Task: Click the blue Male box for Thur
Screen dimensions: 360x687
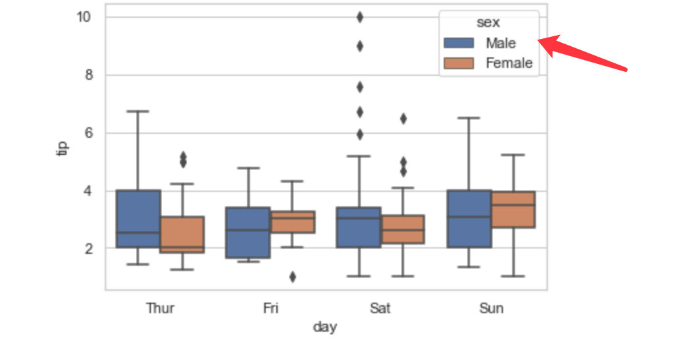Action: click(138, 219)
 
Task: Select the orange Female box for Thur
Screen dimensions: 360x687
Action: click(182, 234)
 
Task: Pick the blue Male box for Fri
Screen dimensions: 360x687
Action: click(248, 232)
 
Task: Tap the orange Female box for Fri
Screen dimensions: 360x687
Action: click(293, 222)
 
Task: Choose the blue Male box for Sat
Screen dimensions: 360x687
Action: click(359, 227)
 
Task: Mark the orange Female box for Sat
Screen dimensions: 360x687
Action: click(402, 229)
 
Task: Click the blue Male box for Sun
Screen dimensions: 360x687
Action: click(469, 219)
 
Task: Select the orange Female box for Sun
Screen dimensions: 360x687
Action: click(513, 210)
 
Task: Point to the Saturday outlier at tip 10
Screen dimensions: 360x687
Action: click(359, 17)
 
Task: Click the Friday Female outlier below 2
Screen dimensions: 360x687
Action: click(293, 277)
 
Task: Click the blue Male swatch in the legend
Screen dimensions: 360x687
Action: click(460, 43)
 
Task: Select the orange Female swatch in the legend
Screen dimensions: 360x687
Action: click(460, 63)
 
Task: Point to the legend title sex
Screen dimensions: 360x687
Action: click(489, 22)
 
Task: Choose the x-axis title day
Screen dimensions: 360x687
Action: click(325, 327)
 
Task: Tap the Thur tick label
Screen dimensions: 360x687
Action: click(160, 308)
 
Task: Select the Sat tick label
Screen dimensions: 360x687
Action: click(380, 308)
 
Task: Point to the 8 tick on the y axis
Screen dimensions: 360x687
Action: click(90, 75)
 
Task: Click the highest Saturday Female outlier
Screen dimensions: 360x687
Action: click(403, 119)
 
